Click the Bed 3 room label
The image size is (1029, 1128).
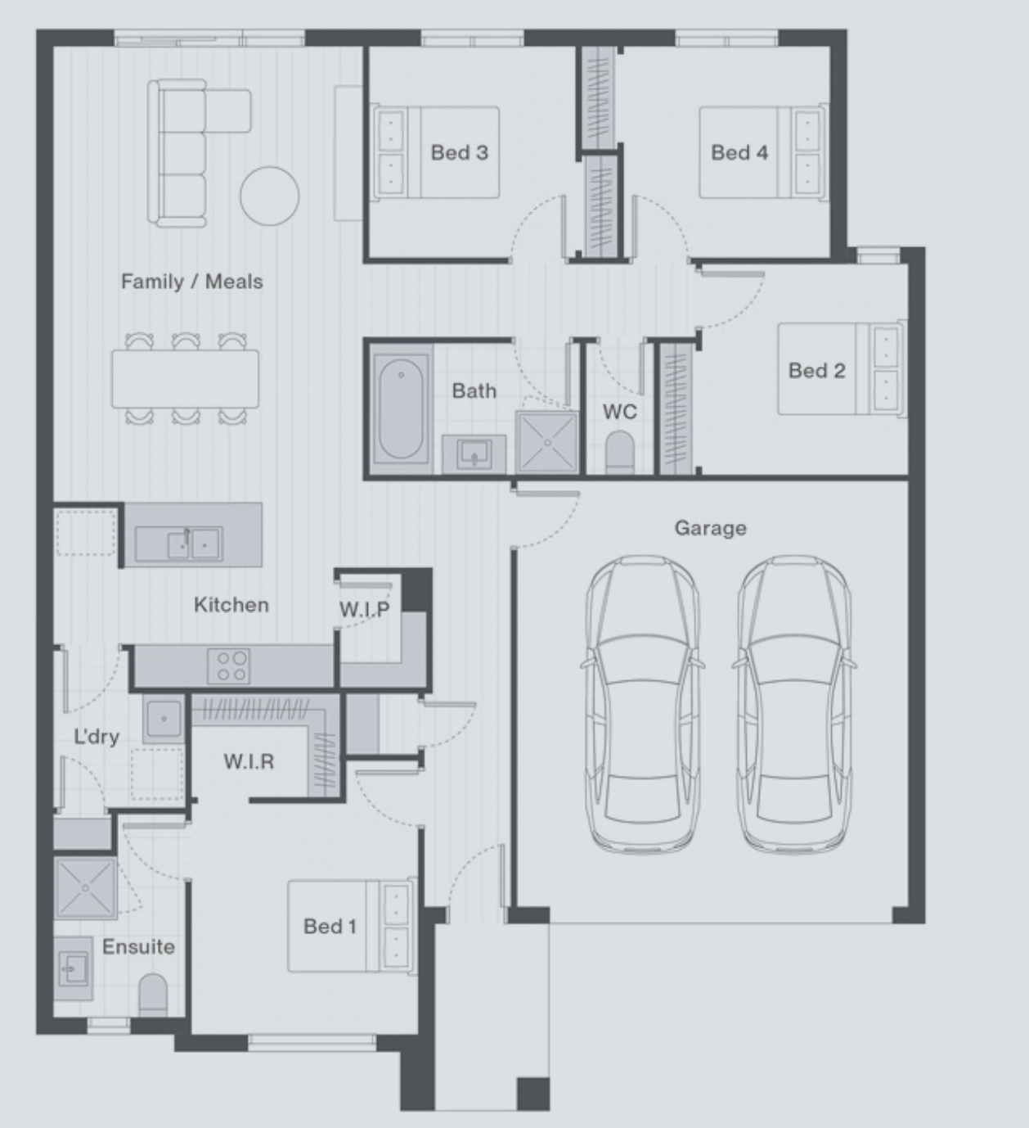click(x=459, y=152)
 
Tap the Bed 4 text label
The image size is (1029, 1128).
click(x=739, y=152)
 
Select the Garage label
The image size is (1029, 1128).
click(x=710, y=528)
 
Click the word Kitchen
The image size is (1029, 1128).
click(x=231, y=605)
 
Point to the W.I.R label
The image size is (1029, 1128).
click(x=249, y=762)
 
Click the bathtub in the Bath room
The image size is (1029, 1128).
click(x=401, y=408)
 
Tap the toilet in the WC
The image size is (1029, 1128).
click(x=619, y=452)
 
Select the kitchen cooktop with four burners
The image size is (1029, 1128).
click(x=228, y=666)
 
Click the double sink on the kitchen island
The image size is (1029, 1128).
click(x=178, y=544)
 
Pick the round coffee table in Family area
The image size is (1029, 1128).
click(x=269, y=196)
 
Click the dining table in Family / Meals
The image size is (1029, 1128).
click(x=186, y=378)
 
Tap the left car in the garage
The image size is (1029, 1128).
click(x=643, y=703)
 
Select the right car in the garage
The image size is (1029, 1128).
click(x=794, y=703)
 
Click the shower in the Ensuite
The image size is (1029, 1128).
click(x=85, y=888)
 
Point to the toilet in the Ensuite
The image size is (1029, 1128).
click(x=153, y=995)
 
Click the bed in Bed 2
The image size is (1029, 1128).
click(x=842, y=369)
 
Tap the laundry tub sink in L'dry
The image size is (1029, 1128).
click(x=164, y=719)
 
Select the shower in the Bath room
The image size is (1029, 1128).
click(x=547, y=442)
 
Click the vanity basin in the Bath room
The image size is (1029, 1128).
click(x=474, y=453)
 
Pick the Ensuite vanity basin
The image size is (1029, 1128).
click(x=74, y=968)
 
